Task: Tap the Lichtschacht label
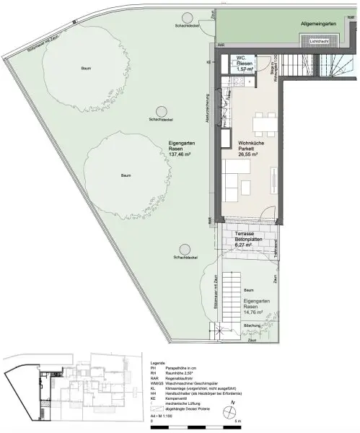coord(320,42)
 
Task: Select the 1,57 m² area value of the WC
coord(245,68)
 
